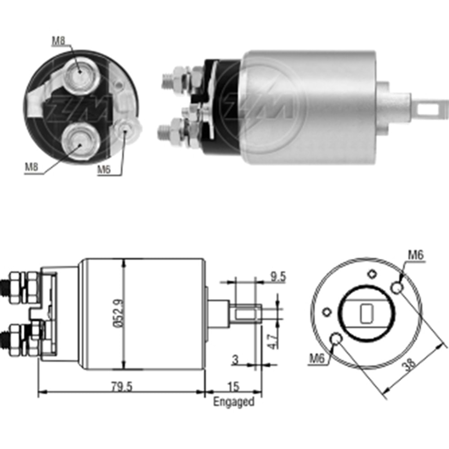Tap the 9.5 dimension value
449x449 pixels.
coord(278,277)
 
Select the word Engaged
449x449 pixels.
coord(233,401)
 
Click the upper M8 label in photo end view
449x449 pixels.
coord(58,41)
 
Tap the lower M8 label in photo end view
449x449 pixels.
coord(32,167)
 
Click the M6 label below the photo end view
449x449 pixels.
coord(105,170)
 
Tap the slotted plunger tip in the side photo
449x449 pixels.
coord(429,108)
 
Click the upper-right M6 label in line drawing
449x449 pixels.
coord(416,255)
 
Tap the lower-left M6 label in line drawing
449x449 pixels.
coord(317,358)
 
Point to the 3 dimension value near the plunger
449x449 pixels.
coord(235,359)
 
